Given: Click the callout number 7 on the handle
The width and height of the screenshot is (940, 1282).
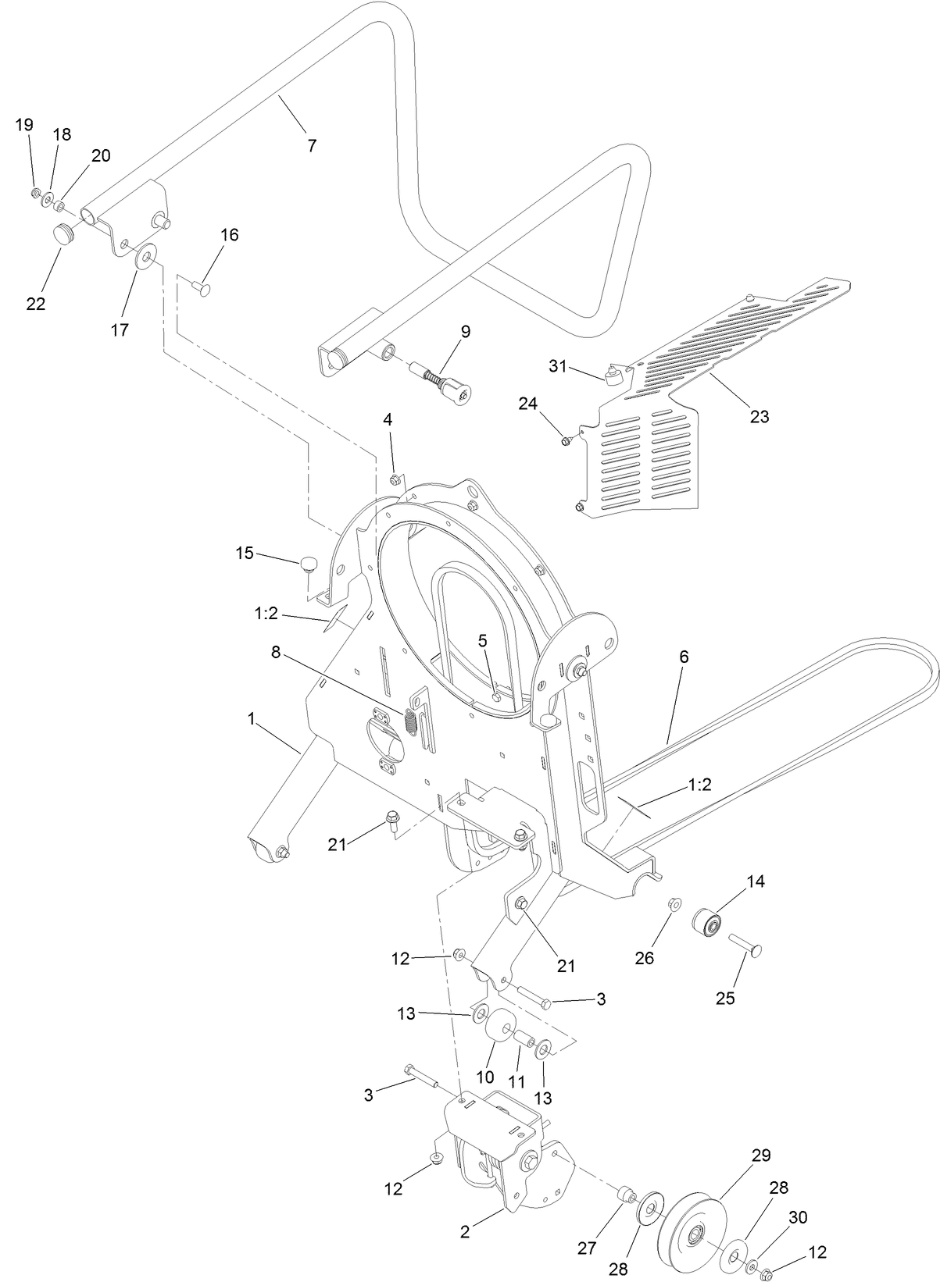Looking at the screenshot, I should click(312, 145).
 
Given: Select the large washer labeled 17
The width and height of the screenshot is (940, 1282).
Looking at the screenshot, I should click(145, 257).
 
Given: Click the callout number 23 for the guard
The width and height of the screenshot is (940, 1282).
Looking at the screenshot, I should click(759, 416).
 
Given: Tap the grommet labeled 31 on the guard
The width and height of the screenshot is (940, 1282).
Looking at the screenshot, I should click(615, 378).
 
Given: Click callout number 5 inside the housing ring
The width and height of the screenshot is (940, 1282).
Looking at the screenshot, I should click(482, 641).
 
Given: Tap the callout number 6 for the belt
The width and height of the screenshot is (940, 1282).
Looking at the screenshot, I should click(684, 657).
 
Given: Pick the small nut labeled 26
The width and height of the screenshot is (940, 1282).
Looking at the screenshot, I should click(674, 904).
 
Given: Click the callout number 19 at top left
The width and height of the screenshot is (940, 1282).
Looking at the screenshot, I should click(24, 124).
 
